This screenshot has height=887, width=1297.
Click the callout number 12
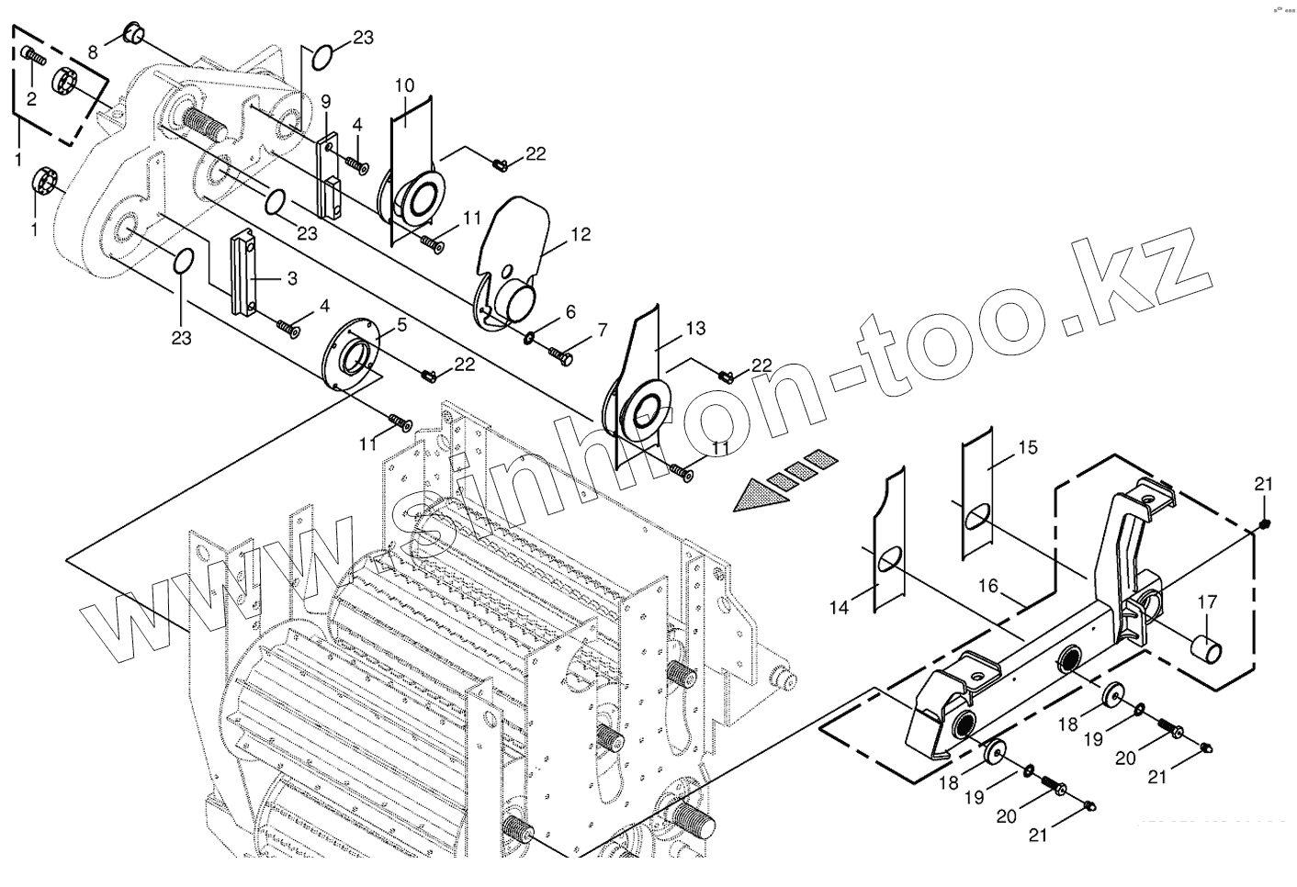click(581, 234)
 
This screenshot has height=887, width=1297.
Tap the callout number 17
click(1206, 602)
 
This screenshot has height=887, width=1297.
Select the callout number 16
click(987, 585)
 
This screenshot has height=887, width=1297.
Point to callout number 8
click(93, 51)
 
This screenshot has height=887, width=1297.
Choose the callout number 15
click(1027, 447)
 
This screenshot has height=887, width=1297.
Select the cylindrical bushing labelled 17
click(1206, 649)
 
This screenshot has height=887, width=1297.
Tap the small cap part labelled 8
click(131, 36)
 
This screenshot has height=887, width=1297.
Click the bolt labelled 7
click(560, 352)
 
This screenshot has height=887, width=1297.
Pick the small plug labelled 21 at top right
click(1264, 524)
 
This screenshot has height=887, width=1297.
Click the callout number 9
click(326, 101)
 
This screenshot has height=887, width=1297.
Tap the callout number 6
click(570, 312)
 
